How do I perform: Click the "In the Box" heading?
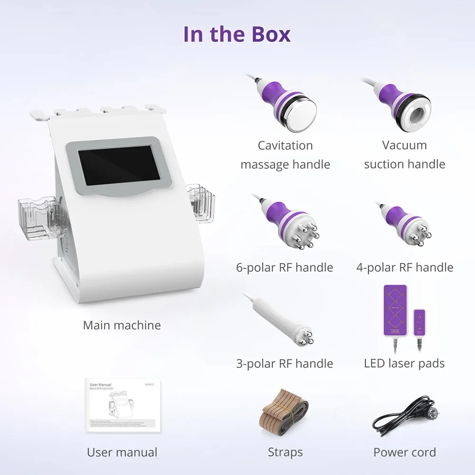pos(237,34)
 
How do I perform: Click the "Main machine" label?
pos(122,325)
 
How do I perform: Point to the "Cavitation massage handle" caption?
pos(285,155)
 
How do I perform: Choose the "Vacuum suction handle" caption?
pos(404,154)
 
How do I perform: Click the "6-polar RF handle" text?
pos(285,268)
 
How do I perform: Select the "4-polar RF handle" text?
pos(405,268)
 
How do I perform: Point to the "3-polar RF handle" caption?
pos(285,364)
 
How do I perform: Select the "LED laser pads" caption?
pos(404,364)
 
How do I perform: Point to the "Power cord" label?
pos(404,453)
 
